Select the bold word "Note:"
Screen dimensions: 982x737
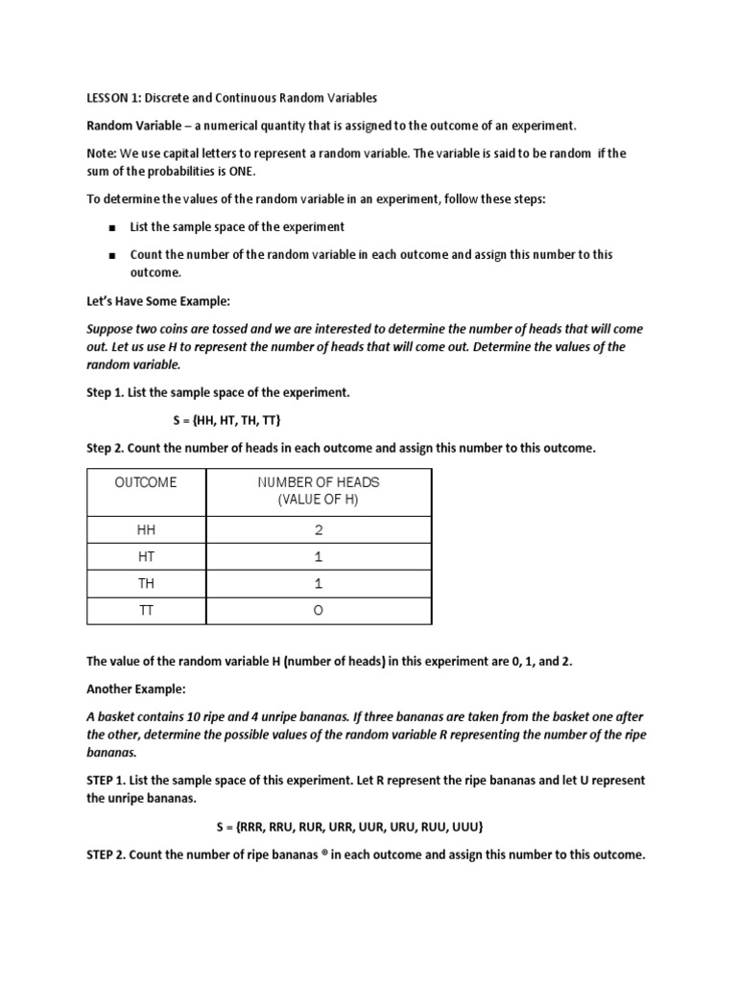coord(104,153)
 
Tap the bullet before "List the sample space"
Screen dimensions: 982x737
coord(112,228)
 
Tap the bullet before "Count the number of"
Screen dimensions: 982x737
coord(112,256)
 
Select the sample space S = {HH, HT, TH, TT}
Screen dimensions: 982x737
coord(226,421)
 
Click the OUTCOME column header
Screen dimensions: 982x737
coord(146,482)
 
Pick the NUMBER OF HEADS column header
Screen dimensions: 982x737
coord(318,482)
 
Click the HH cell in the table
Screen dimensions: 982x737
coord(146,530)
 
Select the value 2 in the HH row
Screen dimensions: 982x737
coord(319,530)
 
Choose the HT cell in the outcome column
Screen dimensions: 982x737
coord(146,557)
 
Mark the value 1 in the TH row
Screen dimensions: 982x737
coord(319,584)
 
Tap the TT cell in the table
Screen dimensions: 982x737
coord(146,611)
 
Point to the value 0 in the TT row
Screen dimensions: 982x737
coord(319,611)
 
